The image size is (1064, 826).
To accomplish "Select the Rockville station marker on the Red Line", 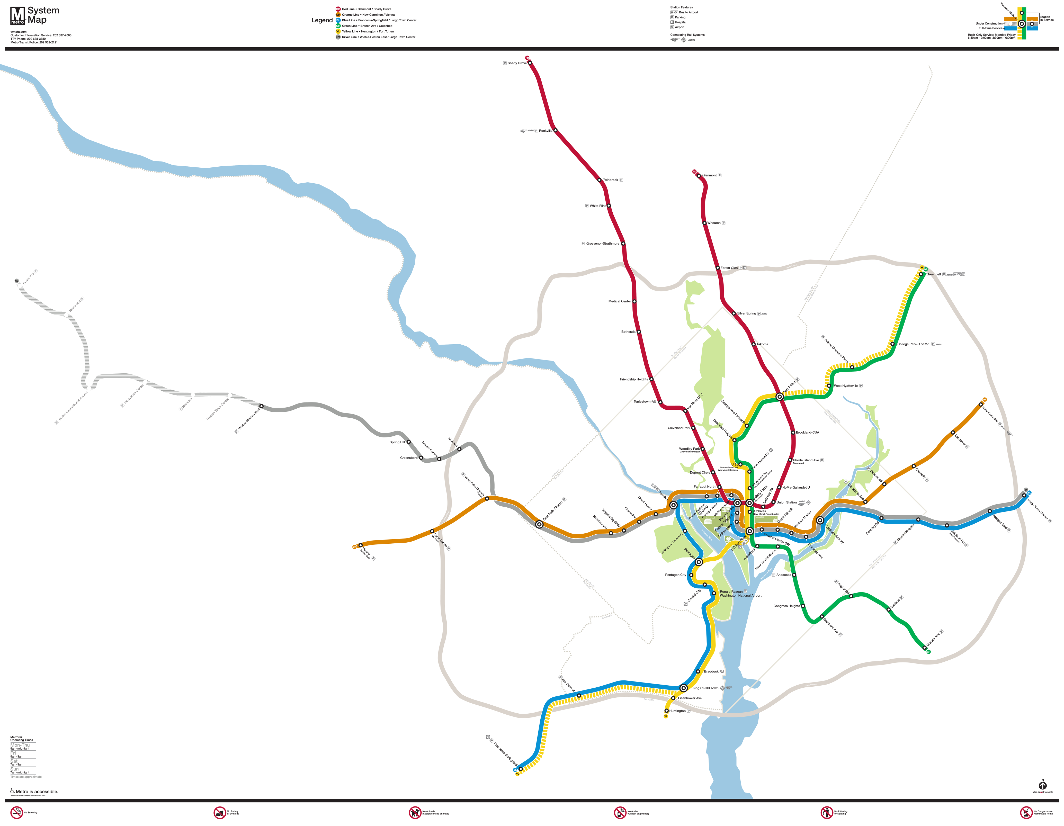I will tap(555, 131).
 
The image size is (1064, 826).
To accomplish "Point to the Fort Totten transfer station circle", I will tap(780, 397).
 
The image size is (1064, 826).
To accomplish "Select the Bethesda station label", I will tap(628, 332).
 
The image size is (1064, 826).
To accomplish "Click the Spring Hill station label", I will tap(397, 442).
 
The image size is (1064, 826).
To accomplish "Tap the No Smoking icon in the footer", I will tap(16, 812).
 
